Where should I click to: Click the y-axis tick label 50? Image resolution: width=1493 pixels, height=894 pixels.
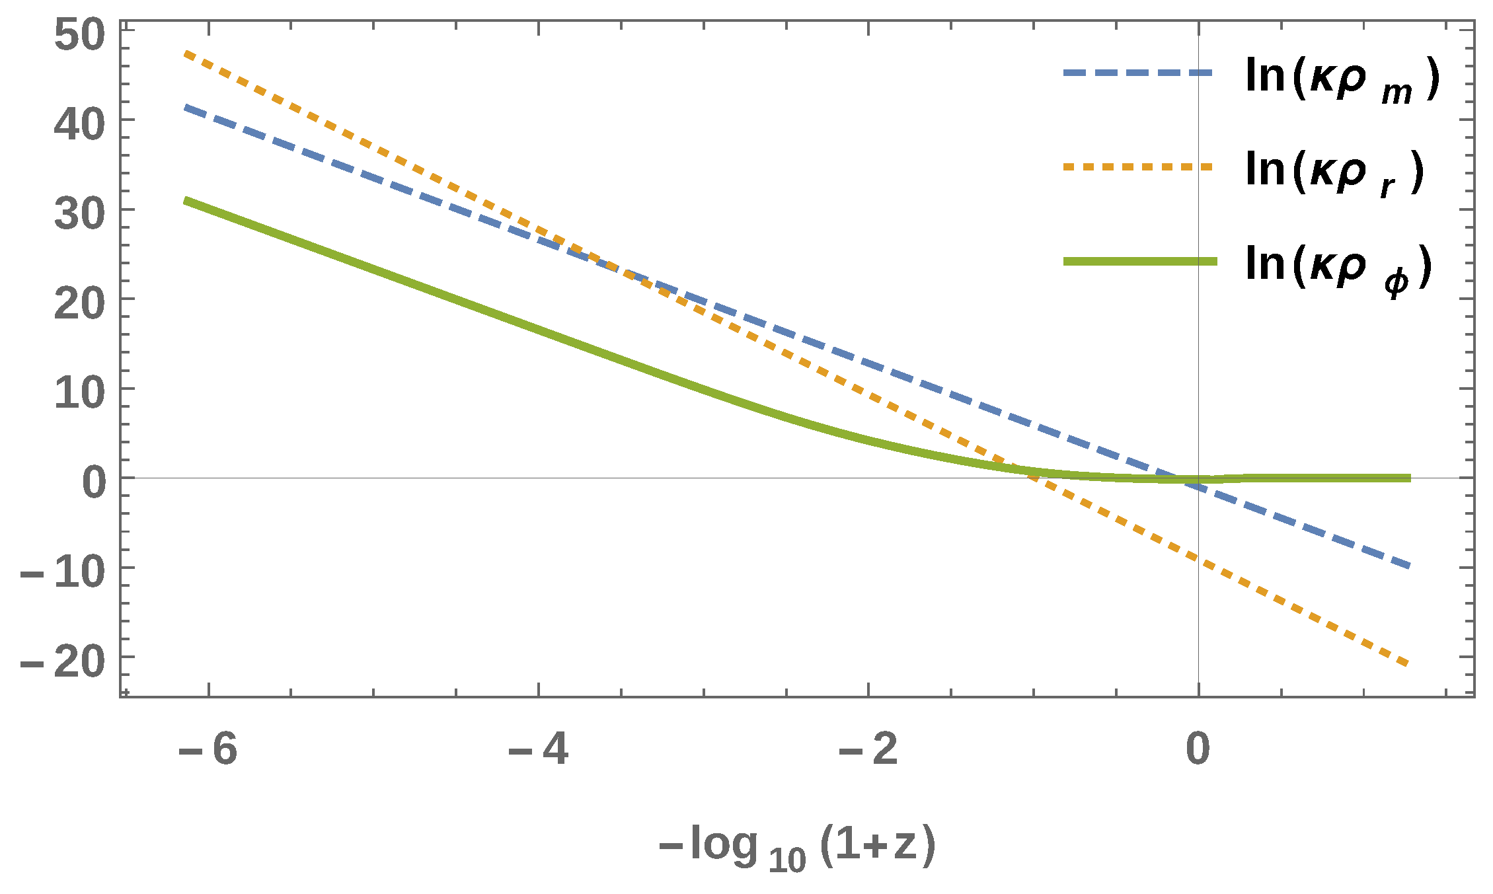(79, 35)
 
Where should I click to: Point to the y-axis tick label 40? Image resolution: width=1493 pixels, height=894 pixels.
(79, 125)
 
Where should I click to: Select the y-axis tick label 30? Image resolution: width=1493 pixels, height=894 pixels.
(79, 214)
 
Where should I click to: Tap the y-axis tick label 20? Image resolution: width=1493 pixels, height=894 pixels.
(79, 303)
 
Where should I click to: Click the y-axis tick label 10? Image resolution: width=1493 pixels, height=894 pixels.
(79, 393)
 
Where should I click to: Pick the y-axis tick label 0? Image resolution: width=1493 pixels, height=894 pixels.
(94, 482)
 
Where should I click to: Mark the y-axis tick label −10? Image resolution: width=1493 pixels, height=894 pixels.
(63, 572)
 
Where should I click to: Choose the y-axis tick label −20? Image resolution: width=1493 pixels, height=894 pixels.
(63, 661)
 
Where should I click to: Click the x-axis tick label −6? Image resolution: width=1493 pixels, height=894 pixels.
(208, 750)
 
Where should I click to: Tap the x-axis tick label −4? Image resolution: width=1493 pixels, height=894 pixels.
(538, 750)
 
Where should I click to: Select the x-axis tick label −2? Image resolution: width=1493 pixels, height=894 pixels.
(868, 750)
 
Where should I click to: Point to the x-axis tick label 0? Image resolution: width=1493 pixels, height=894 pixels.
(1198, 750)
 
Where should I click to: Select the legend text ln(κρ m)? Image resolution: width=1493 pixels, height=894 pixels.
(1342, 78)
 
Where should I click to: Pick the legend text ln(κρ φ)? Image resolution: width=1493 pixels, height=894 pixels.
(1338, 266)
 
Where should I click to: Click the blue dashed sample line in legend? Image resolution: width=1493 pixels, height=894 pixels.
(1138, 73)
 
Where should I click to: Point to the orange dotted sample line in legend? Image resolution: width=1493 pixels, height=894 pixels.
(1138, 167)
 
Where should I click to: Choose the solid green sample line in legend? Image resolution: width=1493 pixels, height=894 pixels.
(1139, 262)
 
